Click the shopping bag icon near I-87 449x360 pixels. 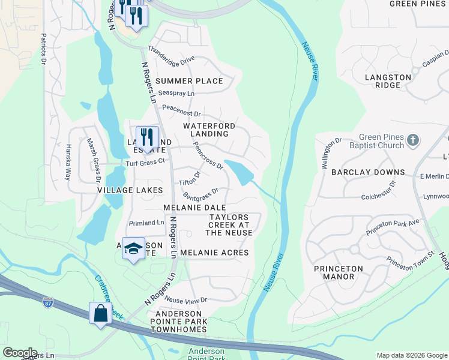[x=100, y=314]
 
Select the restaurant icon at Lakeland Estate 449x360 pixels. [x=147, y=137]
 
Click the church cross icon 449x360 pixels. [x=412, y=140]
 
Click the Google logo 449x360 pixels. [x=20, y=353]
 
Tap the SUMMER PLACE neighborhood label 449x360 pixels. [x=189, y=81]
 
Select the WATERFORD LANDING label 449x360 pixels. [x=206, y=130]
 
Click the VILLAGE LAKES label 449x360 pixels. [x=130, y=190]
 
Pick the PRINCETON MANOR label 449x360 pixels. [x=339, y=272]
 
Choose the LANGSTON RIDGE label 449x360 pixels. [x=388, y=81]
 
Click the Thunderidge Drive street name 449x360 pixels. [x=171, y=56]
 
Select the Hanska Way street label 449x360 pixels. [x=68, y=162]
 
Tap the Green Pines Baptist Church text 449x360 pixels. [x=381, y=141]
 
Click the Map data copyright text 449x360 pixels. [x=411, y=355]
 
